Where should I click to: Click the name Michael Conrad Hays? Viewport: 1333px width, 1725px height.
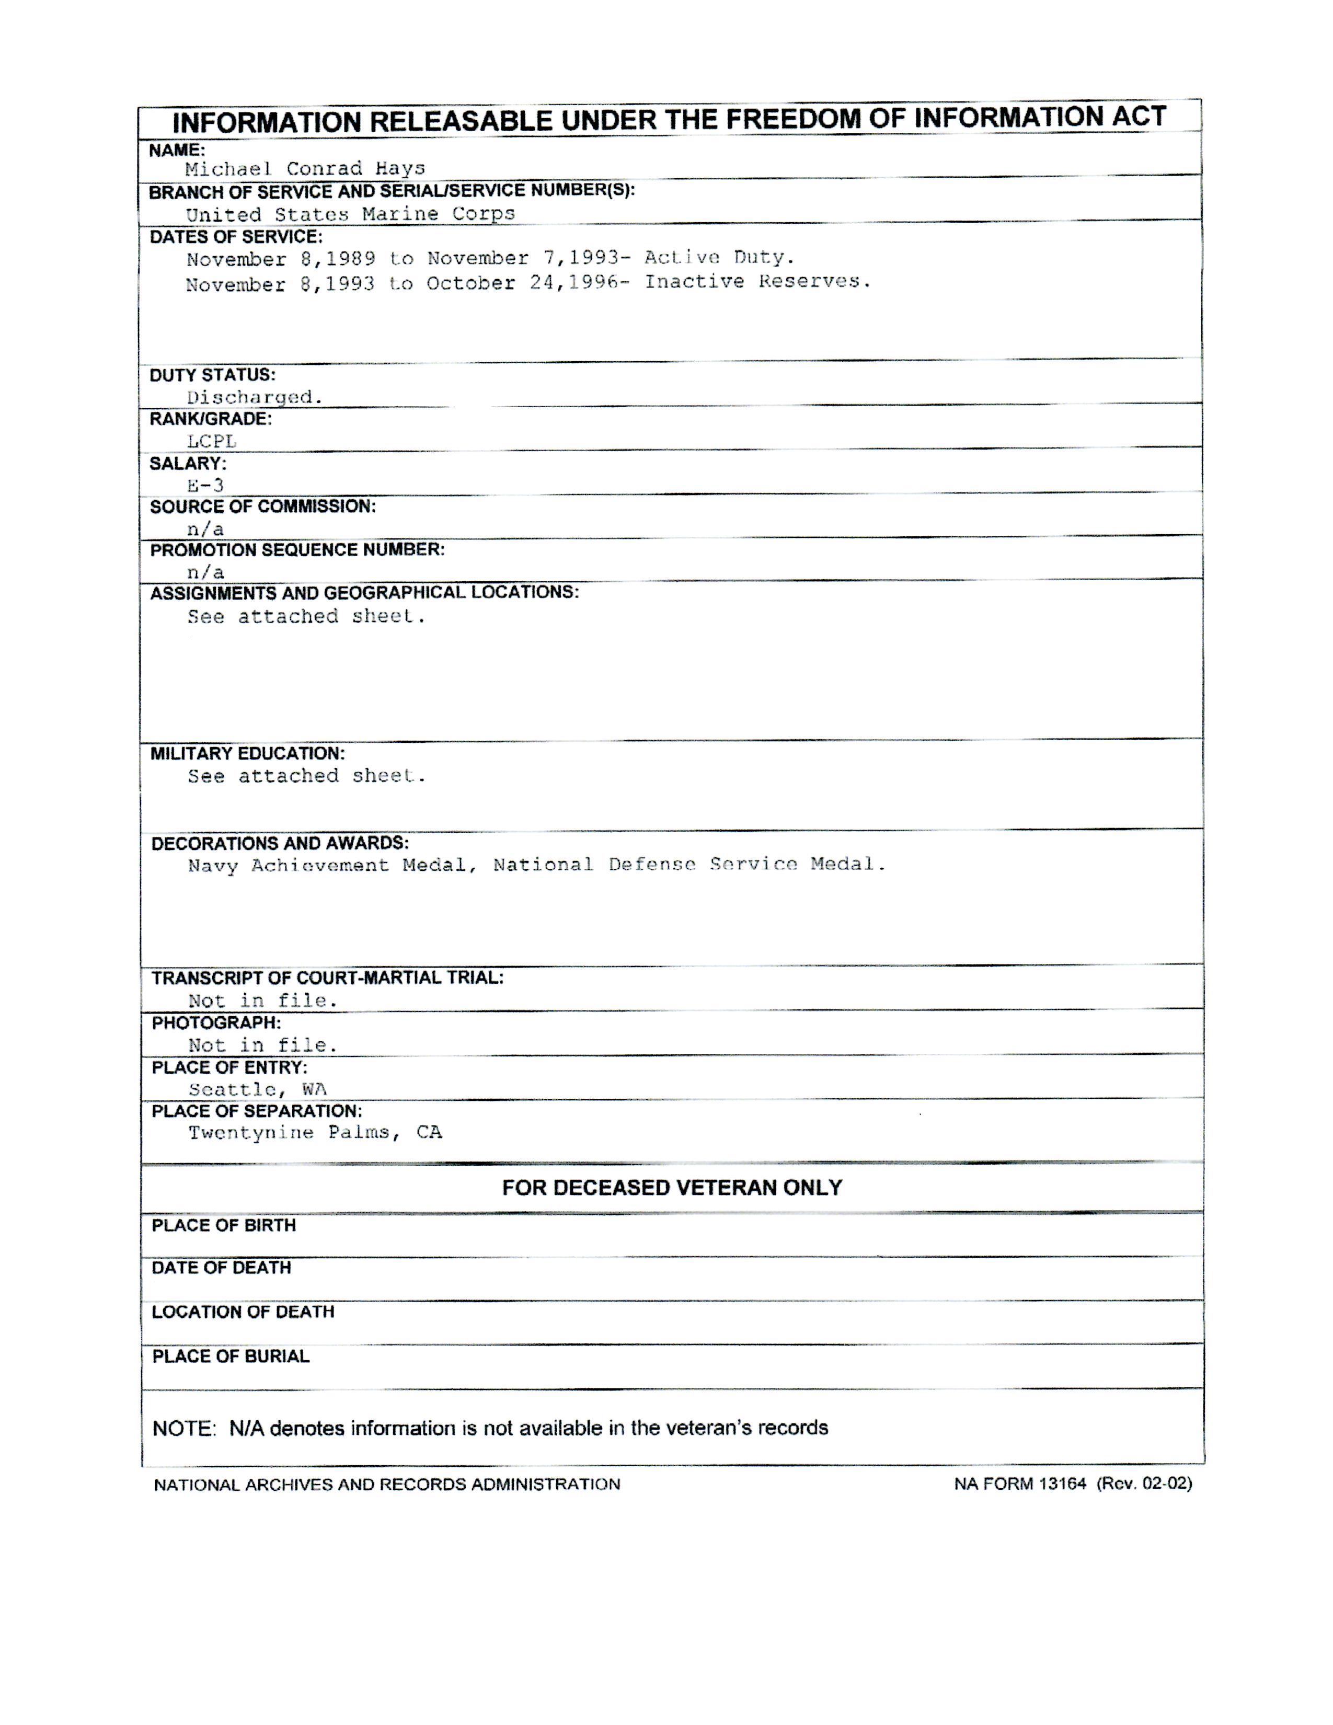(305, 168)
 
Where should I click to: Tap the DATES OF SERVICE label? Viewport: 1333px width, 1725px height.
(235, 237)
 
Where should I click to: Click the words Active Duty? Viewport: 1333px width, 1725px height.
(719, 258)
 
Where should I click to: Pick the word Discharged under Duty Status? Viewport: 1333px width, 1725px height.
(254, 397)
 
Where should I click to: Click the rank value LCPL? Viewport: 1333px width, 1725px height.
(212, 442)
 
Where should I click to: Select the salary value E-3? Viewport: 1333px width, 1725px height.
(205, 485)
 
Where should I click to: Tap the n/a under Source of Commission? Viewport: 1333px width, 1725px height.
(205, 529)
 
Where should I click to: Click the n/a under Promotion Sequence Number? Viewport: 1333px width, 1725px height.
(205, 572)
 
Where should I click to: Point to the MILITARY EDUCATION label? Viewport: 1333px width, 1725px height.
(247, 753)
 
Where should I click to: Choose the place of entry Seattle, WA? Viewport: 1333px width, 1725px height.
(257, 1089)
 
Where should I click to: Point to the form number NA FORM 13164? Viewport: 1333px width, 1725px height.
(1019, 1483)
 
